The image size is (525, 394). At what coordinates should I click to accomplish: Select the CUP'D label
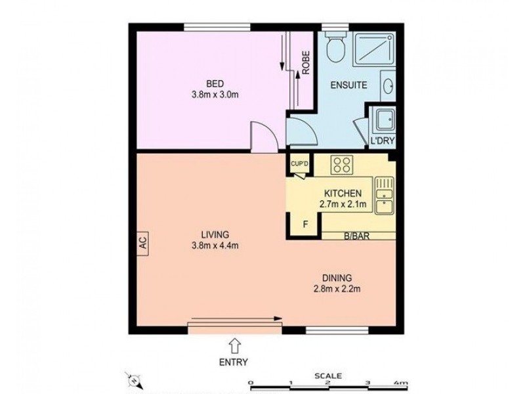click(x=300, y=164)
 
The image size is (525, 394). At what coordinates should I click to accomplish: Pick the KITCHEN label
click(x=342, y=194)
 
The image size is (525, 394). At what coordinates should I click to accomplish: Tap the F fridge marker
click(x=304, y=223)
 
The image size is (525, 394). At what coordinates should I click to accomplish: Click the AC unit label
click(x=142, y=242)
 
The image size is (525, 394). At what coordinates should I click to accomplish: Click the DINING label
click(x=338, y=277)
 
